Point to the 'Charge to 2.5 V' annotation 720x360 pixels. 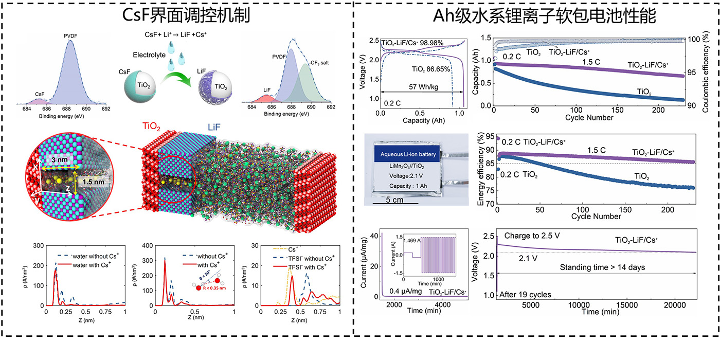[531, 237]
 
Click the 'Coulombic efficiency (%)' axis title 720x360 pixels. [713, 68]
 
